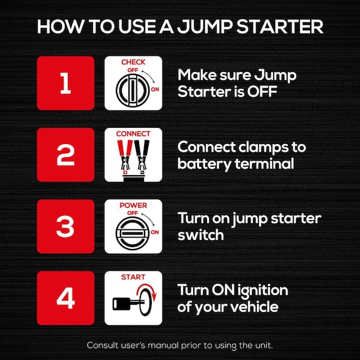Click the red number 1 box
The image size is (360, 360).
66,83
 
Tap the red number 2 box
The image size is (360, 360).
66,155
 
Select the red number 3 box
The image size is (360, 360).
66,226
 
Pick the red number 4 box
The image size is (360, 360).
66,298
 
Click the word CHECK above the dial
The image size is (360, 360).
133,62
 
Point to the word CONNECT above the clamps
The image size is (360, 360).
133,133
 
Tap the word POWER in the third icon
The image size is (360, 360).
133,205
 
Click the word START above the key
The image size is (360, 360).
133,277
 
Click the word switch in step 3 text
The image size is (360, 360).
201,235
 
